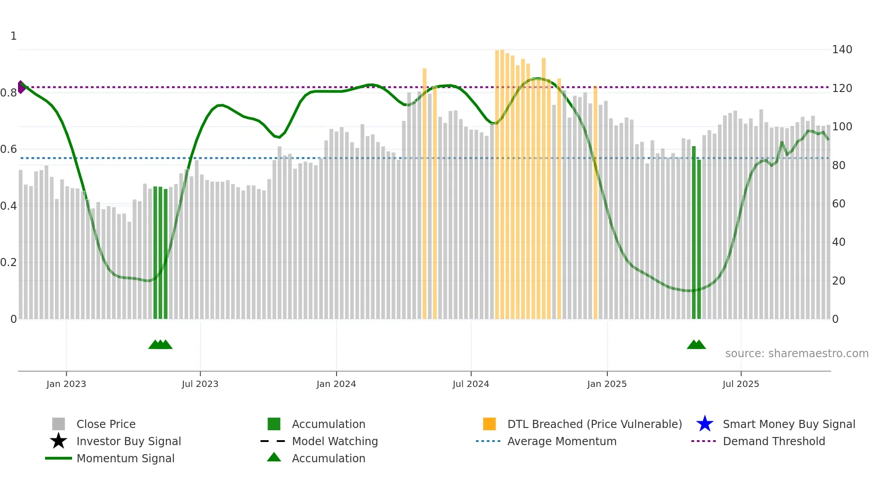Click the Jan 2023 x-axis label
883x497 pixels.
click(x=66, y=384)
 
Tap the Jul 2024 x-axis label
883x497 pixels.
click(x=471, y=384)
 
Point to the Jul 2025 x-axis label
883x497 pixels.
click(x=741, y=384)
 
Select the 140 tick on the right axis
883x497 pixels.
click(x=842, y=50)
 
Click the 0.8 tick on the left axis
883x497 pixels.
click(x=9, y=93)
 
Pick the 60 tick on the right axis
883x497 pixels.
click(x=838, y=204)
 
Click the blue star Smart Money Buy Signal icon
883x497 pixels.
click(x=705, y=424)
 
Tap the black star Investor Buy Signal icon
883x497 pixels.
click(x=59, y=441)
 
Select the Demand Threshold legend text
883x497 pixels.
click(x=774, y=441)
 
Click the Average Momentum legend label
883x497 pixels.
click(x=561, y=441)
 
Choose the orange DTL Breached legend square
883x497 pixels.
click(x=489, y=424)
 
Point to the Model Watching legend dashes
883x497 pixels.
click(x=273, y=441)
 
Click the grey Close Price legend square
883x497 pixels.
click(x=59, y=424)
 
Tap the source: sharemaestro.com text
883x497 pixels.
click(x=797, y=354)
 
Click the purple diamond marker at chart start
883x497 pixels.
click(x=21, y=87)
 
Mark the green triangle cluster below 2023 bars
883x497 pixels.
click(x=160, y=345)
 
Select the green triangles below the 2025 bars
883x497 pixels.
click(x=696, y=345)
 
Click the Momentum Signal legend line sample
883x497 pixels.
click(x=59, y=458)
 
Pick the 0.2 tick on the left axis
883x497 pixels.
click(x=9, y=262)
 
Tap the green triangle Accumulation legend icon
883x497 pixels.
click(x=274, y=457)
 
